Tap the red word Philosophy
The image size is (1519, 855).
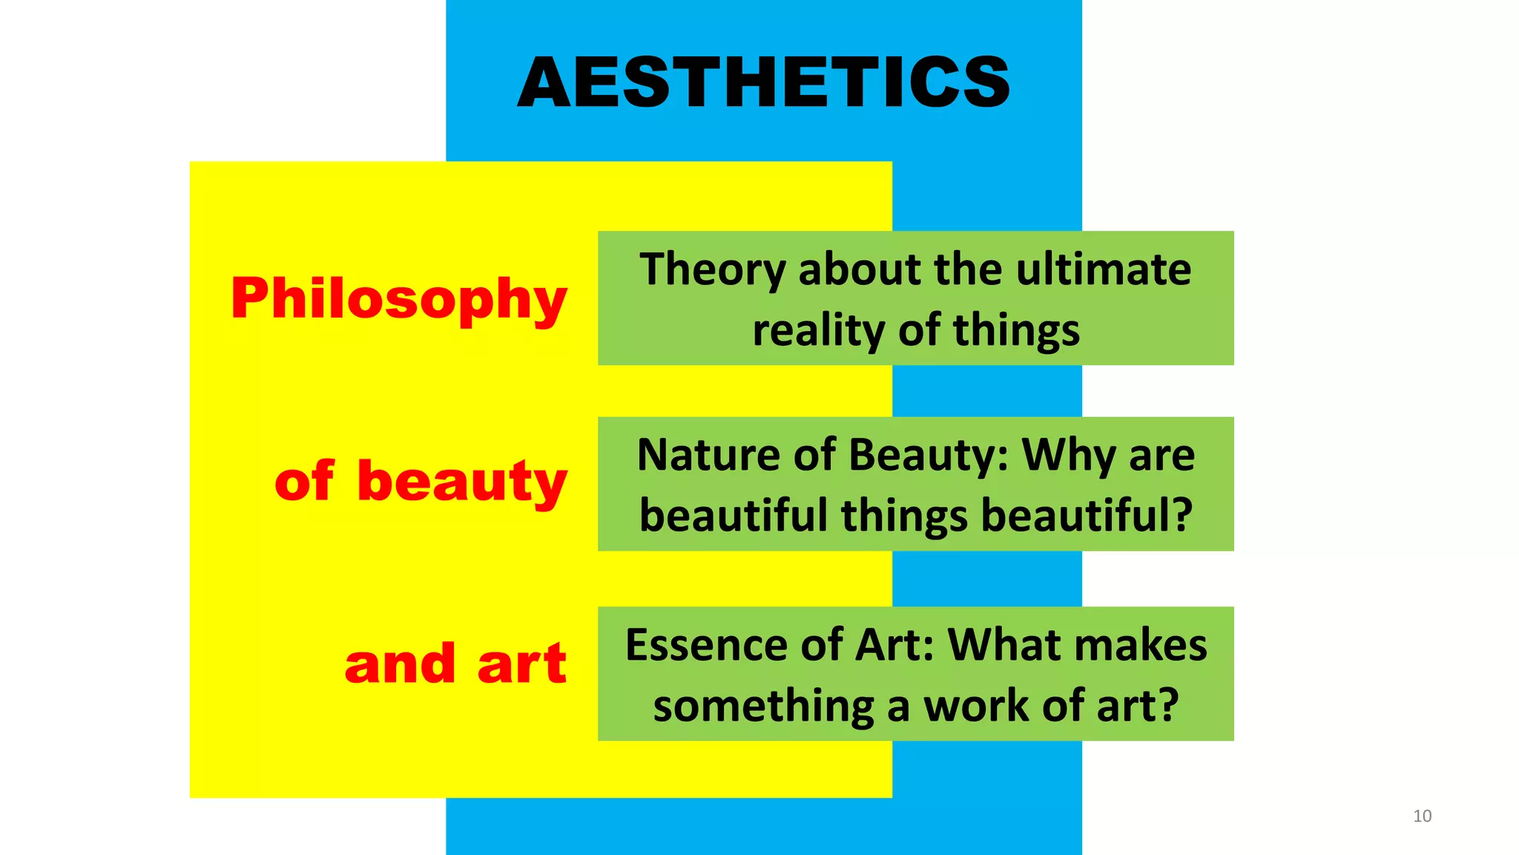coord(399,298)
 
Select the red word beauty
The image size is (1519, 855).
coord(462,481)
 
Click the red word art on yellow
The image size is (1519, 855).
coord(521,664)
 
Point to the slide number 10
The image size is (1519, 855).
coord(1422,816)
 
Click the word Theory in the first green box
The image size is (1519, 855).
coord(712,269)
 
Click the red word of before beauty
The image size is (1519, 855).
coord(304,481)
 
